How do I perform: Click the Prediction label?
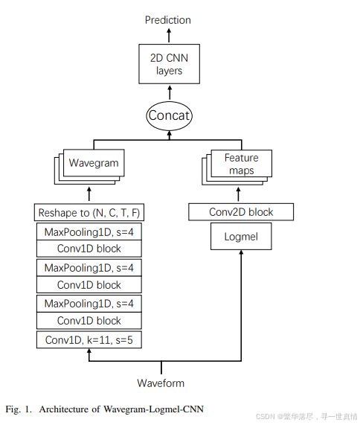pyautogui.click(x=167, y=20)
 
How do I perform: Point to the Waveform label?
pyautogui.click(x=161, y=383)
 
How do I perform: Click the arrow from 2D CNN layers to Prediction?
pyautogui.click(x=169, y=36)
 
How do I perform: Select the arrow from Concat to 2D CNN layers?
pyautogui.click(x=170, y=93)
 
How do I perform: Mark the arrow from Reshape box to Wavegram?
pyautogui.click(x=89, y=194)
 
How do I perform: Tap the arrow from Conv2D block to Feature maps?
pyautogui.click(x=238, y=194)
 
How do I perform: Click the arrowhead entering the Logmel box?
pyautogui.click(x=241, y=252)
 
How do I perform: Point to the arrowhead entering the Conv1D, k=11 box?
pyautogui.click(x=89, y=351)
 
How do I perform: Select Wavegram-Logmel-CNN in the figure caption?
pyautogui.click(x=153, y=409)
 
